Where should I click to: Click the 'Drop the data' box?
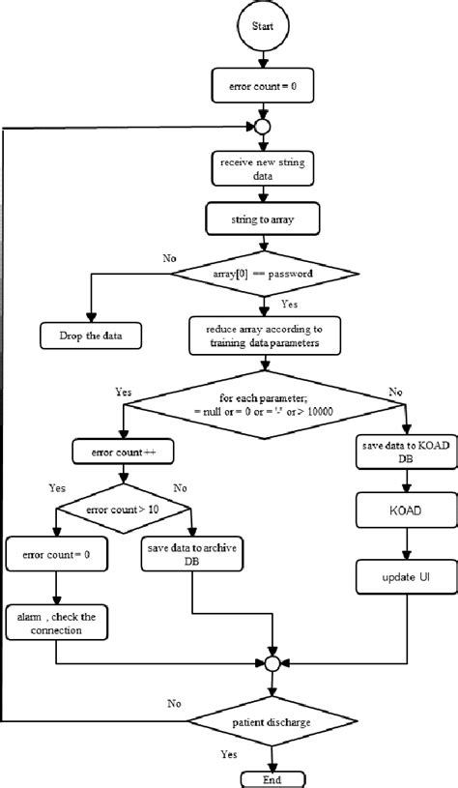(89, 336)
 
